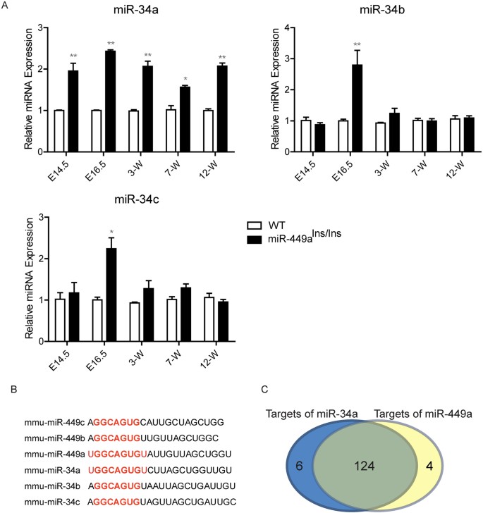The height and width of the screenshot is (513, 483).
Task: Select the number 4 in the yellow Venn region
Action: (439, 466)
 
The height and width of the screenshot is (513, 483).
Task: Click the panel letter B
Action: (6, 388)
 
